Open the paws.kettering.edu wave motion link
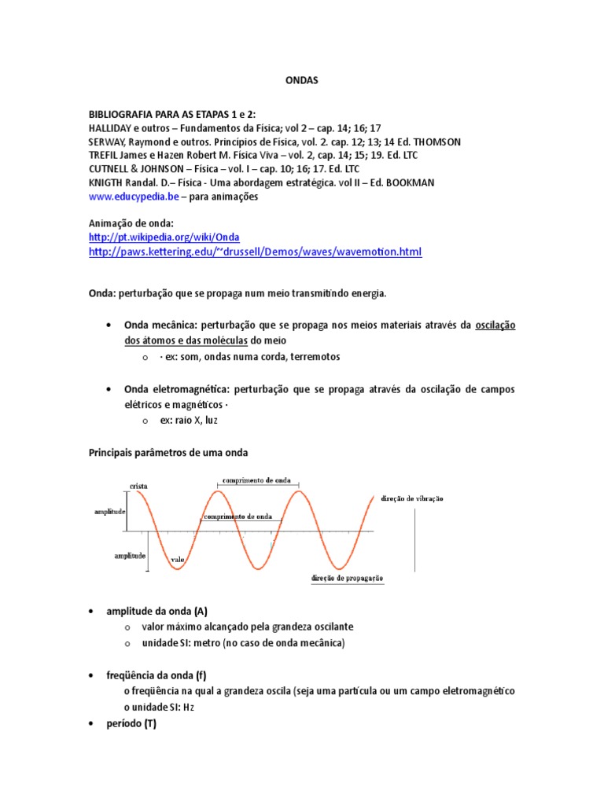pyautogui.click(x=256, y=252)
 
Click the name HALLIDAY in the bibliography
pyautogui.click(x=114, y=127)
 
